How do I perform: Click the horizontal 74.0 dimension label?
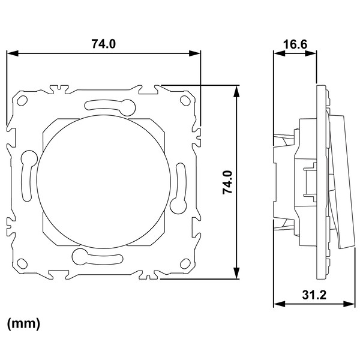[x=104, y=44]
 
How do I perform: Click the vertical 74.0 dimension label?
[x=227, y=182]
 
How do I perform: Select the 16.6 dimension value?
[x=295, y=44]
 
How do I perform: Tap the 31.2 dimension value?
[x=314, y=295]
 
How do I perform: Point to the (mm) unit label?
[x=23, y=324]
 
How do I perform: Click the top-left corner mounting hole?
[x=22, y=101]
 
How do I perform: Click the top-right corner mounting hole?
[x=185, y=100]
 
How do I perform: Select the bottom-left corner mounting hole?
[x=22, y=263]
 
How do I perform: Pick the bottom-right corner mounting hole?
[x=185, y=263]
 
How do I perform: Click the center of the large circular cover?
[x=104, y=182]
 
